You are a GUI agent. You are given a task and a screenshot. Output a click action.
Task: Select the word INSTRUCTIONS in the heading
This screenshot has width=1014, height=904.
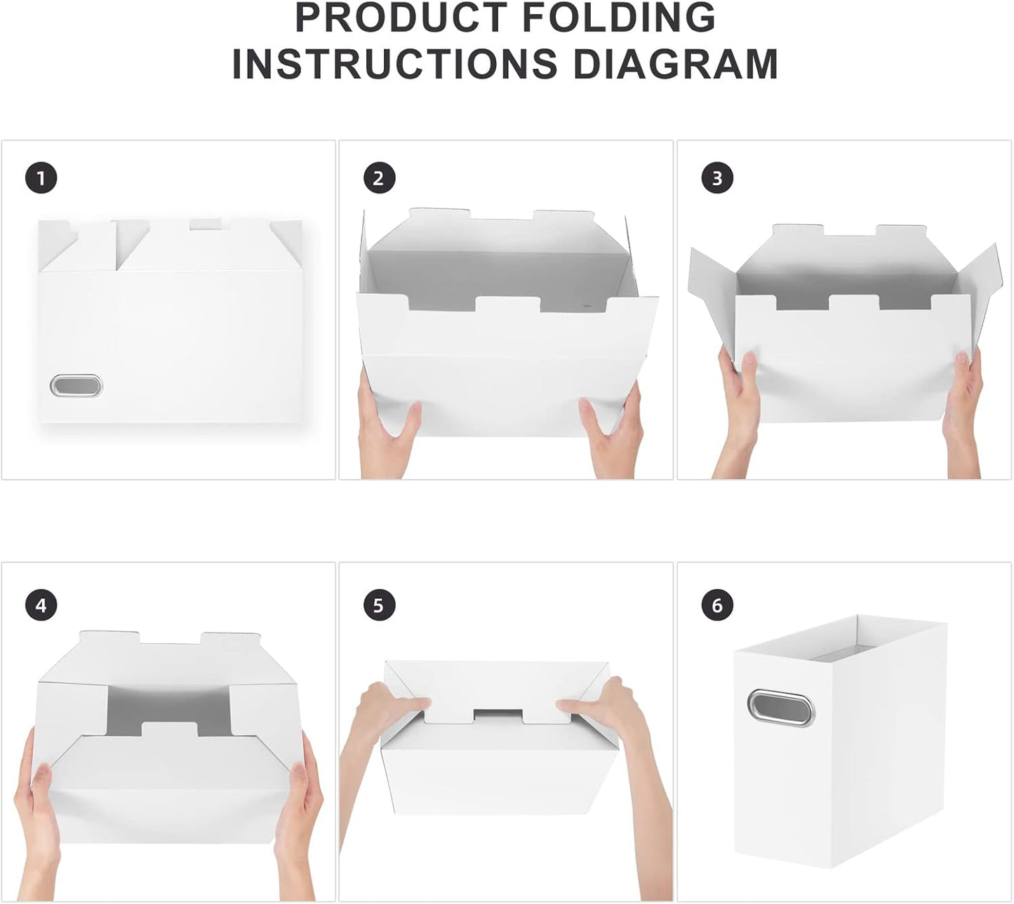(x=394, y=64)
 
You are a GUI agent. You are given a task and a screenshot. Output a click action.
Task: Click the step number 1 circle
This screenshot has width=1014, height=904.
(x=41, y=178)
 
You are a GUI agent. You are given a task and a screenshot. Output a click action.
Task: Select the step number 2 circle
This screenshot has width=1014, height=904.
(x=379, y=178)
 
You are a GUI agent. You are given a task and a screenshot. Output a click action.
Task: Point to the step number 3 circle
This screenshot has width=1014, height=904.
(x=716, y=178)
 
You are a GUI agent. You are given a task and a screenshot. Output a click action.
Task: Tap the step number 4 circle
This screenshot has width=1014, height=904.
(x=41, y=605)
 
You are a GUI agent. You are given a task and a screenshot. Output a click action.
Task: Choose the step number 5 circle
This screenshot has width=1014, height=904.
(x=379, y=605)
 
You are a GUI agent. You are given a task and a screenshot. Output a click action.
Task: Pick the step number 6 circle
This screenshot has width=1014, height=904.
(x=716, y=605)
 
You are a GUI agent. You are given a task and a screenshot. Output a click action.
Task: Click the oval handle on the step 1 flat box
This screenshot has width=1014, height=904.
(x=76, y=386)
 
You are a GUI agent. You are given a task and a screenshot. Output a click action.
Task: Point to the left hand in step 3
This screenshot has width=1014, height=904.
(x=737, y=414)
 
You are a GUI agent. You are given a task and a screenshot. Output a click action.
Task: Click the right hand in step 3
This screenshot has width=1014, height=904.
(x=965, y=414)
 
